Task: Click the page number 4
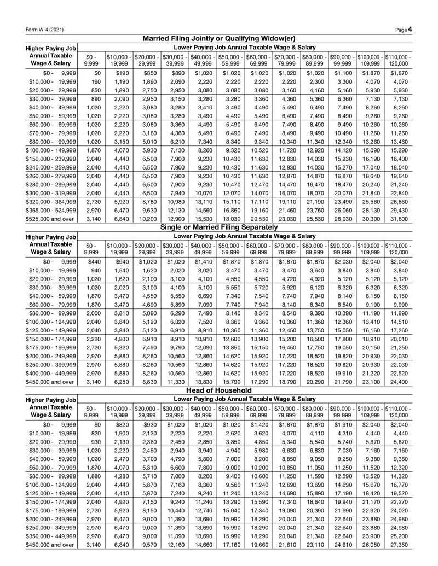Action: pyautogui.click(x=410, y=28)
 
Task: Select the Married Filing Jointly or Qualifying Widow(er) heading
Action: pyautogui.click(x=219, y=38)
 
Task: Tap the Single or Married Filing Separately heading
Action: pyautogui.click(x=219, y=227)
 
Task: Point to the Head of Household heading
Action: pyautogui.click(x=219, y=390)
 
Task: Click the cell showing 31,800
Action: pyautogui.click(x=398, y=219)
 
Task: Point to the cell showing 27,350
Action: pyautogui.click(x=398, y=546)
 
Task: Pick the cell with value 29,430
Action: pyautogui.click(x=398, y=209)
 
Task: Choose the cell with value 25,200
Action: pyautogui.click(x=398, y=536)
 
